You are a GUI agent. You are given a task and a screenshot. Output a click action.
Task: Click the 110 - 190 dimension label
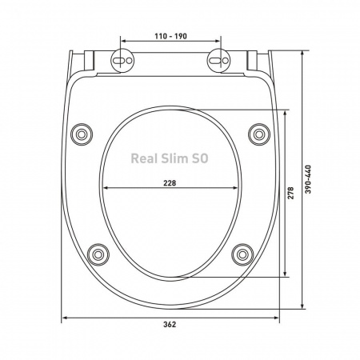click(x=171, y=36)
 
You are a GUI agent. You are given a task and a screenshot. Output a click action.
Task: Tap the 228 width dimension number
click(x=170, y=183)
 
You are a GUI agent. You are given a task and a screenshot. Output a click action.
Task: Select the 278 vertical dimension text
click(x=290, y=193)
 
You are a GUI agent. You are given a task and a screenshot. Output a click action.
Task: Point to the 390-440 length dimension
click(x=308, y=179)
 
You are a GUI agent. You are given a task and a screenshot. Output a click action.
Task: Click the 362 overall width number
click(x=170, y=325)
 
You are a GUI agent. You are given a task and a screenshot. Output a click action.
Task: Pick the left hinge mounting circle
click(x=122, y=60)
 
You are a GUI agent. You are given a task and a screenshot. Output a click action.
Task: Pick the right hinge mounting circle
click(x=219, y=60)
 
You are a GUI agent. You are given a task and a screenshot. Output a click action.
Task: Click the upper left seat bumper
click(x=82, y=134)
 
